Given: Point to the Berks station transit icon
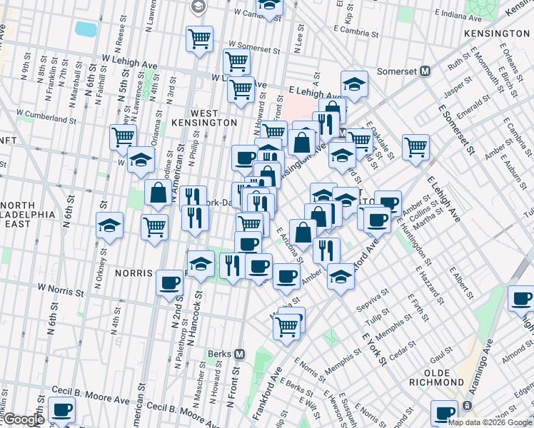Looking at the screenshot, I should click(240, 354).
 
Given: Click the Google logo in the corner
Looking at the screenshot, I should click(24, 420).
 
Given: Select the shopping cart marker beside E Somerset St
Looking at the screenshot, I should click(415, 148).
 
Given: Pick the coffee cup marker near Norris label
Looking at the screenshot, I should click(169, 282).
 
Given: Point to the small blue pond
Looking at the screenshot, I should click(86, 29).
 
